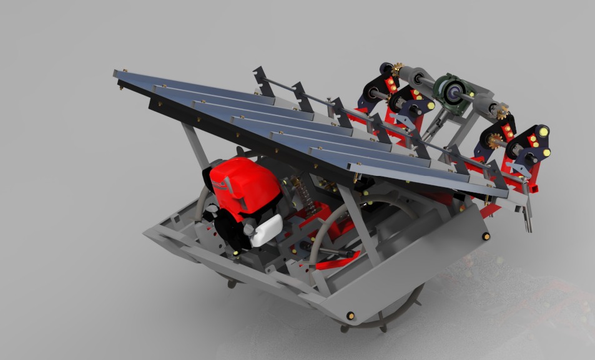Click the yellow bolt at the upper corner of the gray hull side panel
tap(486, 236)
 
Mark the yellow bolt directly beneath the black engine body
tap(236, 253)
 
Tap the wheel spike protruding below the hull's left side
tap(232, 284)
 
